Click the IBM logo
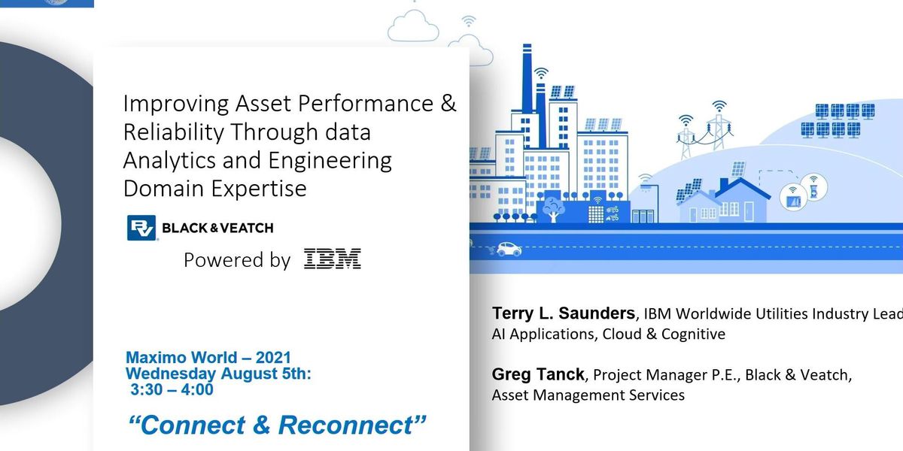[333, 259]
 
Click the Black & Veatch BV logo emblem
[141, 228]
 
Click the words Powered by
[237, 260]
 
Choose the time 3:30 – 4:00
[171, 389]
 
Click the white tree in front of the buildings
[553, 206]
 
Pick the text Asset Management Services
[588, 395]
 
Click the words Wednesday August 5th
[217, 374]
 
